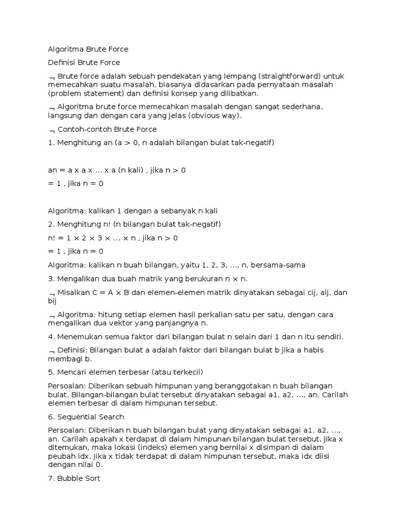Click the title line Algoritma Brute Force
pos(88,50)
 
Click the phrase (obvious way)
pos(213,116)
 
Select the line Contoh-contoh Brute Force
pos(107,129)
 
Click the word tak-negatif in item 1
pos(254,143)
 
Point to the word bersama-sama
pos(278,265)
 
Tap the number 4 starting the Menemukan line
pos(50,337)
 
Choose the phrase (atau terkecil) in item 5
pos(178,372)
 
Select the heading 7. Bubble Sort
pos(74,479)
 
